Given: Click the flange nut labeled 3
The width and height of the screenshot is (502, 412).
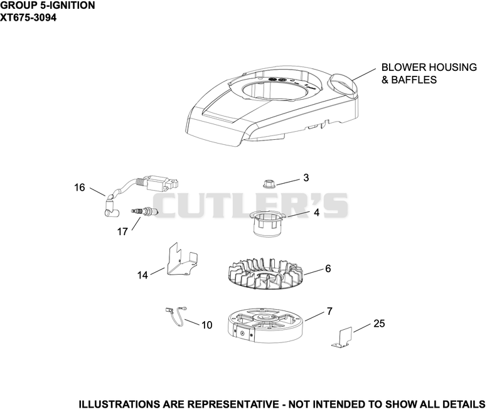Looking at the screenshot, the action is click(x=269, y=184).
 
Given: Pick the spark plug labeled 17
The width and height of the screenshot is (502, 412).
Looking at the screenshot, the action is click(x=144, y=211).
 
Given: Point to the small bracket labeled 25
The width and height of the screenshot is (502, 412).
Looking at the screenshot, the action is click(x=342, y=337).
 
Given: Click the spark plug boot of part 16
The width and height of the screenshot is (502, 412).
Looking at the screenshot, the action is click(x=111, y=209).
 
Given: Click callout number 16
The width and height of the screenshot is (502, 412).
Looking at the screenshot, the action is click(x=80, y=187).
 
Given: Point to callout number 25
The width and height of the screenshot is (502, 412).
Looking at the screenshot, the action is click(x=379, y=324).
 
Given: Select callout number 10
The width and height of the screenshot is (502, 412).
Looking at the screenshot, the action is click(x=207, y=325).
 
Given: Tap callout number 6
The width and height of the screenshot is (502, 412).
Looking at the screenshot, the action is click(x=328, y=268).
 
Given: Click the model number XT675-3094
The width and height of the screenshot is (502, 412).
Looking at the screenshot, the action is click(x=28, y=18).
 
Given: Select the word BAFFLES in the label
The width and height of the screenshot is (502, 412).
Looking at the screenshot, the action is click(x=414, y=80).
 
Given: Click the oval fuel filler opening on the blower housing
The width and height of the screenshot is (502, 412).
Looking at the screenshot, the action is click(x=343, y=84).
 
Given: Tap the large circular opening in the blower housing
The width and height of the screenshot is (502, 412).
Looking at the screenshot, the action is click(x=276, y=89).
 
